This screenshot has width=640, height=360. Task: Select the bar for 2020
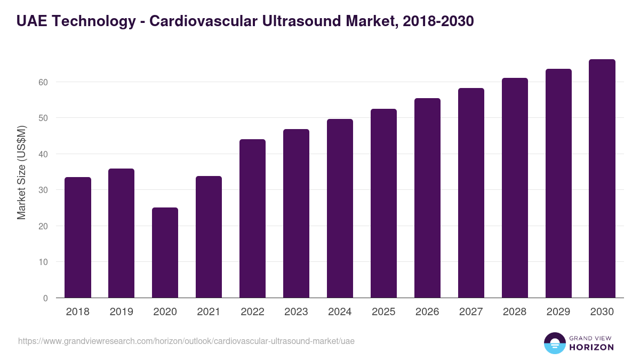[x=165, y=253]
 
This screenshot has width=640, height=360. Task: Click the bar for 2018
[x=78, y=237]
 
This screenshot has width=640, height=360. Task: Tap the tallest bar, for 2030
[x=602, y=179]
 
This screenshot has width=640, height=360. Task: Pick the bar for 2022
[x=252, y=219]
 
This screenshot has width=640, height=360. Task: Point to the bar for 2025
[x=383, y=203]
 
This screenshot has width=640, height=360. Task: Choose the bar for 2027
[x=471, y=193]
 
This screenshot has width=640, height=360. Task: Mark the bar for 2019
[x=121, y=233]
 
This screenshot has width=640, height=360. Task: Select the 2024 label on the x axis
[x=340, y=312]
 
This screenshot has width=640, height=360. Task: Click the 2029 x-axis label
[x=558, y=312]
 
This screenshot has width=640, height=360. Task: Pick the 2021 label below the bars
[x=209, y=312]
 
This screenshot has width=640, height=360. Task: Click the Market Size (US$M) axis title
[x=21, y=172]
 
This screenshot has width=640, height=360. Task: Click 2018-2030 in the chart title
[x=435, y=21]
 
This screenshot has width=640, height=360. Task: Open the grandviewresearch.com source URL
[x=186, y=341]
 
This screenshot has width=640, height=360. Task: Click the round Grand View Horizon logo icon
[x=555, y=343]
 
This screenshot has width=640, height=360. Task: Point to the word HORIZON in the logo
[x=591, y=347]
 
